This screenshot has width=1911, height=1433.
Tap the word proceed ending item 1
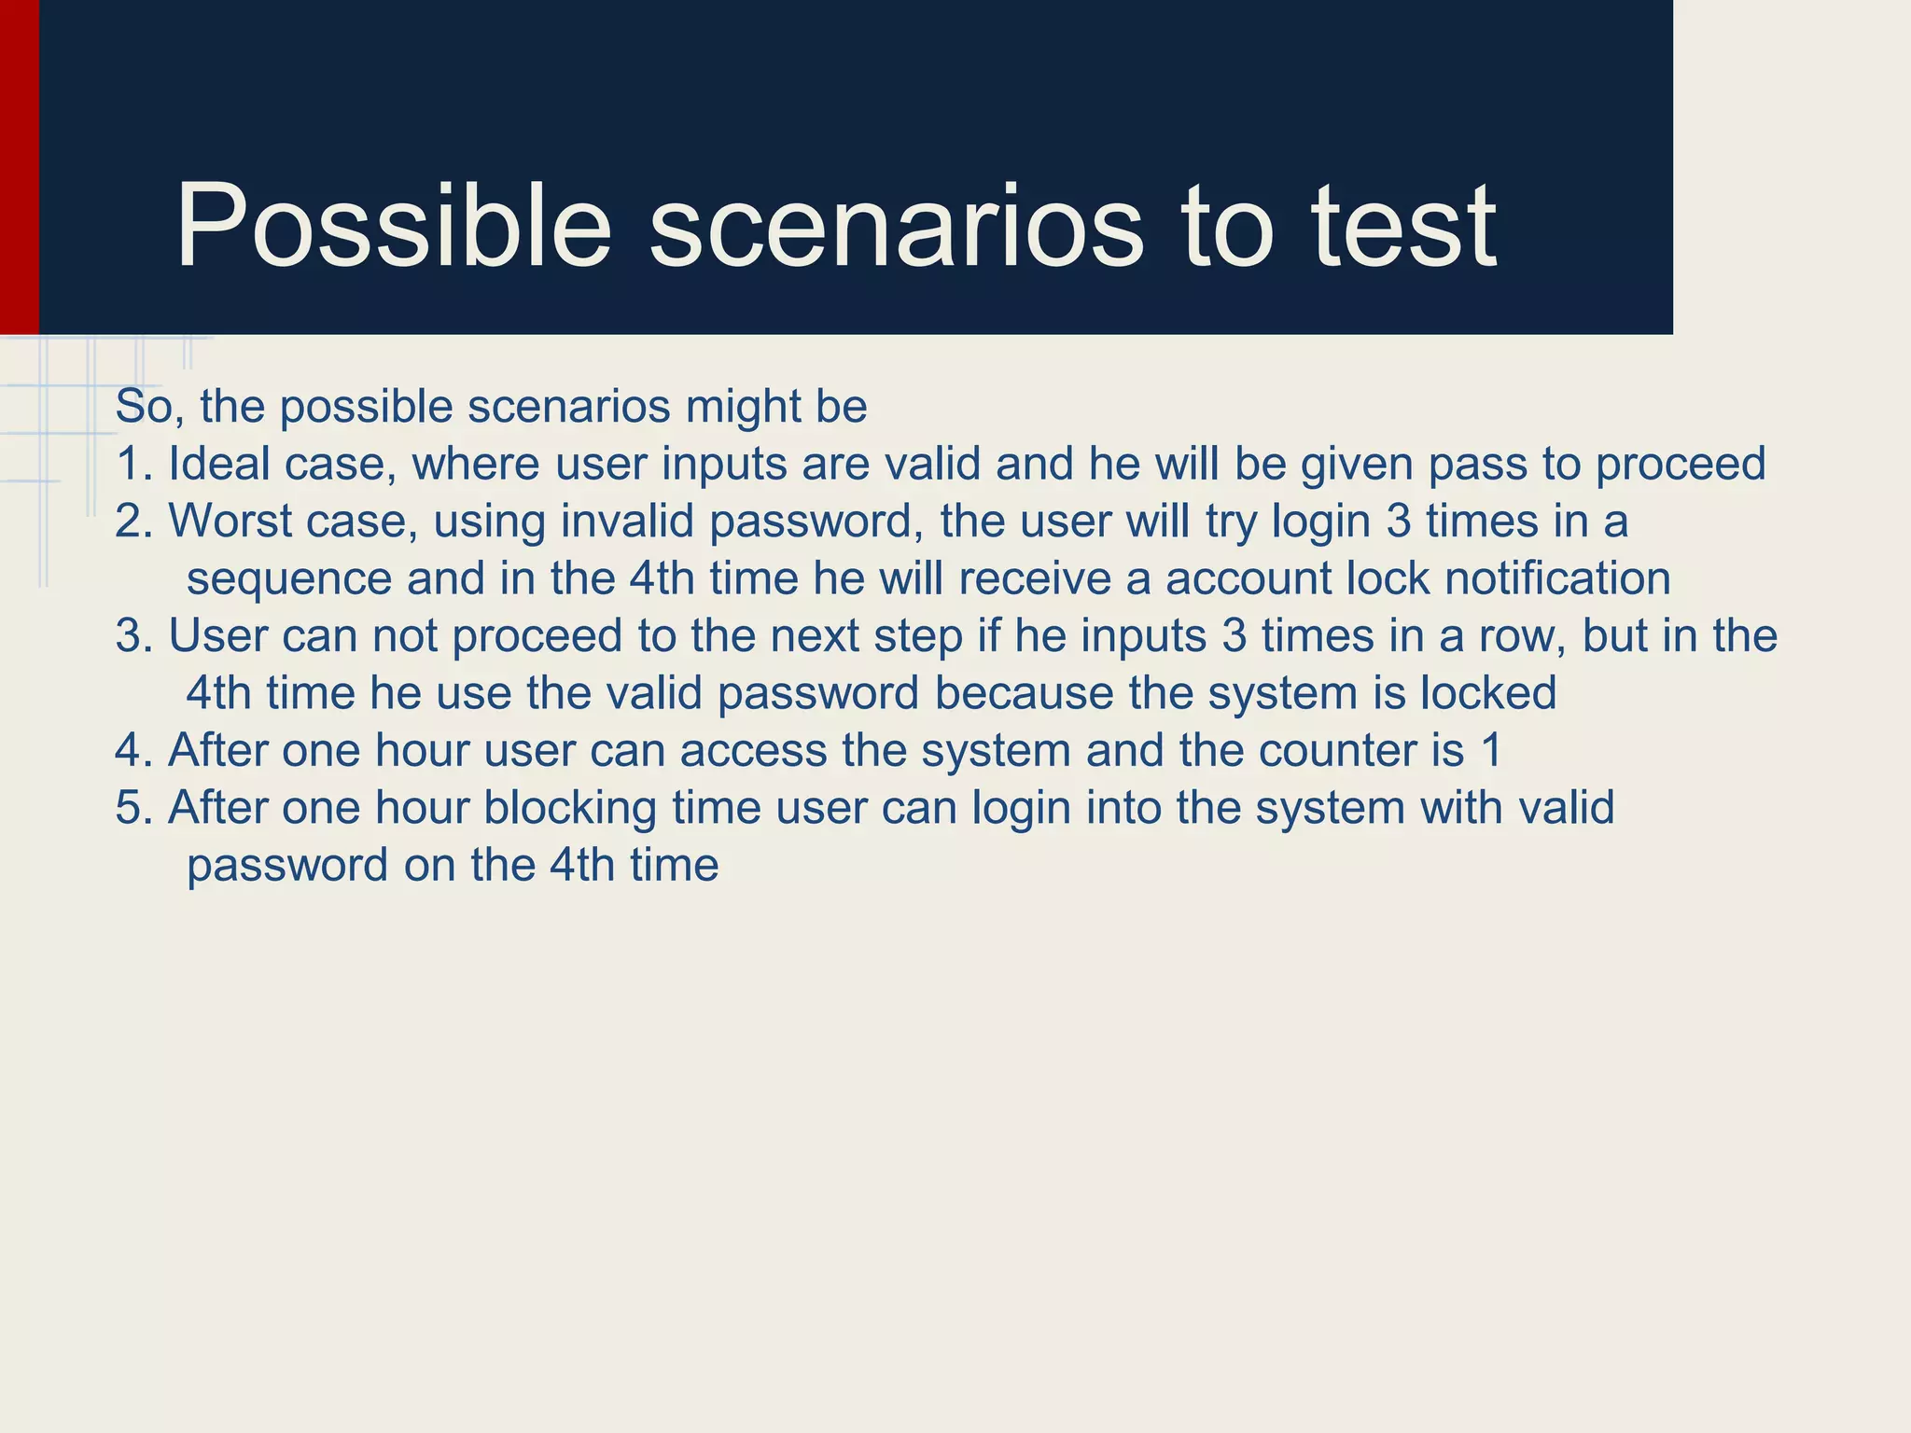pos(1680,465)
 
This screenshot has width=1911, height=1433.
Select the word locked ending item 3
pos(1487,694)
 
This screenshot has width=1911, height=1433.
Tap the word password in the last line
pos(287,867)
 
